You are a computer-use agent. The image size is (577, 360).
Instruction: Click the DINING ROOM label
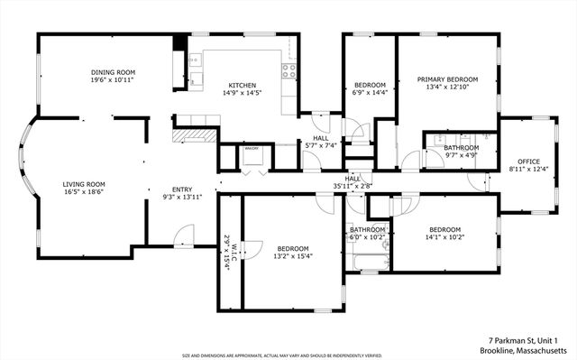point(113,72)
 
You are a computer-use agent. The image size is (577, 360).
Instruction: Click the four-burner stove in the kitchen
point(289,69)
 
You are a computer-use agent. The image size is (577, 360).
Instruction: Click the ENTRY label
point(182,189)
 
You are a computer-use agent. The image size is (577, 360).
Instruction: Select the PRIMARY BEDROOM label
point(447,79)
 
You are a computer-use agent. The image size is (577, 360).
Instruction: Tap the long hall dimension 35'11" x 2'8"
point(353,187)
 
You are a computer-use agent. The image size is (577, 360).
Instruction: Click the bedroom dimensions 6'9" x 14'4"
point(369,92)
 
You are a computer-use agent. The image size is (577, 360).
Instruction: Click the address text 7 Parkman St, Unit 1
point(524,339)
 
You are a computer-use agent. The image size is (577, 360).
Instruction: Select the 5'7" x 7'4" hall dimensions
point(321,144)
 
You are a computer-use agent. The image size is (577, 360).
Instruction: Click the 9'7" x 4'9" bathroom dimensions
point(461,155)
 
